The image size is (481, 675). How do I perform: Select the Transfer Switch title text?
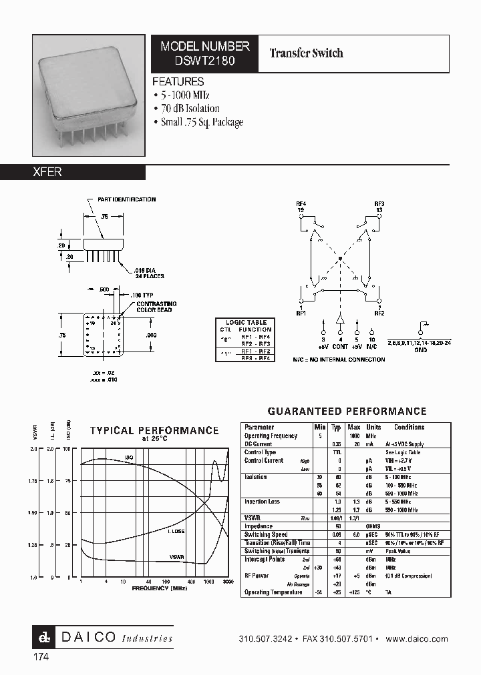pyautogui.click(x=306, y=53)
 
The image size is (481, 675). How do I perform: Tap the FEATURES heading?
pyautogui.click(x=178, y=81)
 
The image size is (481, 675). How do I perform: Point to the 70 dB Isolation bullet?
pyautogui.click(x=190, y=109)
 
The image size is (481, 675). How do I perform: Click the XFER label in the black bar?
pyautogui.click(x=47, y=172)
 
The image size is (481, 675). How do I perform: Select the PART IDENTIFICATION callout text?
pyautogui.click(x=126, y=199)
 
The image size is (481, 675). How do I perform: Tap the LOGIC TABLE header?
pyautogui.click(x=245, y=322)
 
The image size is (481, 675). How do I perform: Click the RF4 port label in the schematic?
pyautogui.click(x=301, y=203)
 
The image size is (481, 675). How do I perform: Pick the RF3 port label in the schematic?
pyautogui.click(x=379, y=203)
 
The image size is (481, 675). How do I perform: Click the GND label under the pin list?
pyautogui.click(x=420, y=349)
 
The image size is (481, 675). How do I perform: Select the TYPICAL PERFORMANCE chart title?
pyautogui.click(x=154, y=431)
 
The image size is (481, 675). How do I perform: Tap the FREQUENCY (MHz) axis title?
pyautogui.click(x=160, y=589)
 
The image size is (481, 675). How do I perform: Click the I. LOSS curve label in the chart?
pyautogui.click(x=176, y=532)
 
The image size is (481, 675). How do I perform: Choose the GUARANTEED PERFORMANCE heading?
pyautogui.click(x=347, y=412)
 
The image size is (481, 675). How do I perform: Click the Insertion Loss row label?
pyautogui.click(x=263, y=502)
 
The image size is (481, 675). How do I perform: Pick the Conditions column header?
pyautogui.click(x=409, y=428)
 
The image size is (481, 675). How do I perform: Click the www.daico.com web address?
pyautogui.click(x=417, y=638)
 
